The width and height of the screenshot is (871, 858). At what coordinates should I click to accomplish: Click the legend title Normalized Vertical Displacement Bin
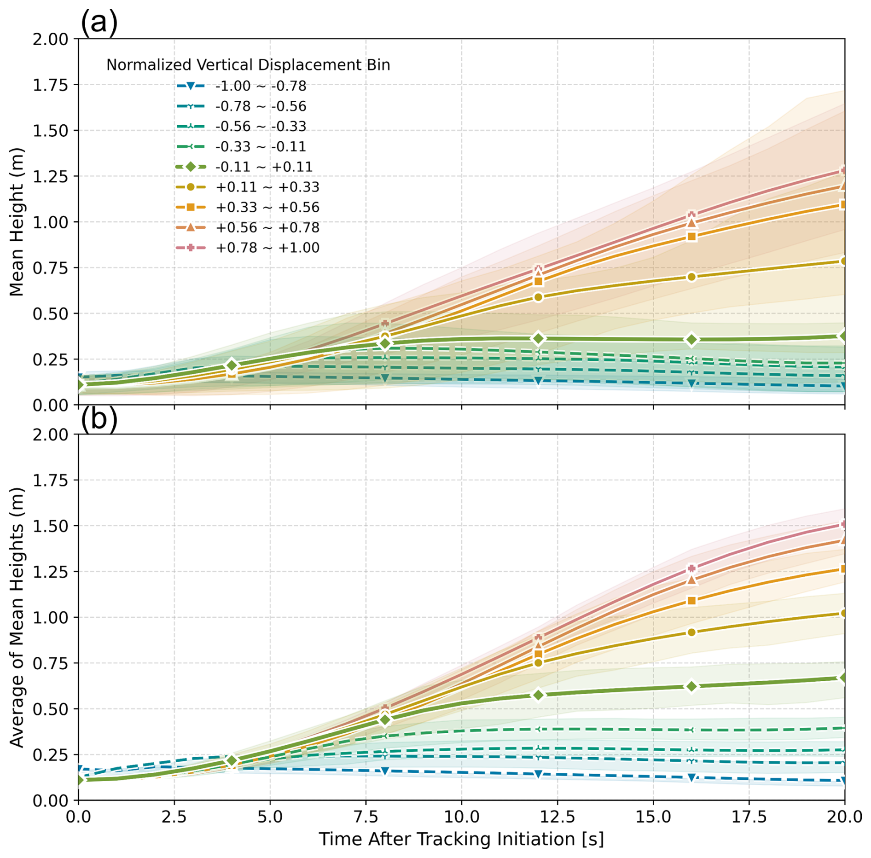click(248, 65)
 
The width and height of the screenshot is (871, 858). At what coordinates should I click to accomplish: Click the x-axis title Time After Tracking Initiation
click(461, 839)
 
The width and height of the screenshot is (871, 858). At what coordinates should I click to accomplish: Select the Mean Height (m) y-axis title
click(17, 221)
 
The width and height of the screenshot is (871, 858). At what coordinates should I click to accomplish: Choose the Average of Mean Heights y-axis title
click(17, 617)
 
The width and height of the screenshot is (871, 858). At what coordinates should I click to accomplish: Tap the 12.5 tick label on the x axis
click(557, 817)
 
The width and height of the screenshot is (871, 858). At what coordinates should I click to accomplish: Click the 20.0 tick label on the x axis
click(844, 817)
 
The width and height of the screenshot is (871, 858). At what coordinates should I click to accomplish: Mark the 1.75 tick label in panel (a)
click(50, 85)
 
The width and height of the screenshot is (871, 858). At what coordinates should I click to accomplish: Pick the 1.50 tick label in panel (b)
click(50, 526)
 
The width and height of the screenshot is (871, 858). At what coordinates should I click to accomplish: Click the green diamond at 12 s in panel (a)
click(538, 339)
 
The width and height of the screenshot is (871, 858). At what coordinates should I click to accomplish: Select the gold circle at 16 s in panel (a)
click(691, 277)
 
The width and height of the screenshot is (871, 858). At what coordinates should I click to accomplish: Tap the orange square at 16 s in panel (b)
click(691, 600)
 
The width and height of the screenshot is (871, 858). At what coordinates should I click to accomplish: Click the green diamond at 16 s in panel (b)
click(691, 686)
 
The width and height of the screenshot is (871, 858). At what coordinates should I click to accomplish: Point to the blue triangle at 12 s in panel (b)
click(538, 774)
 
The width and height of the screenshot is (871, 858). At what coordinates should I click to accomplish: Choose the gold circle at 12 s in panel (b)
click(538, 663)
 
